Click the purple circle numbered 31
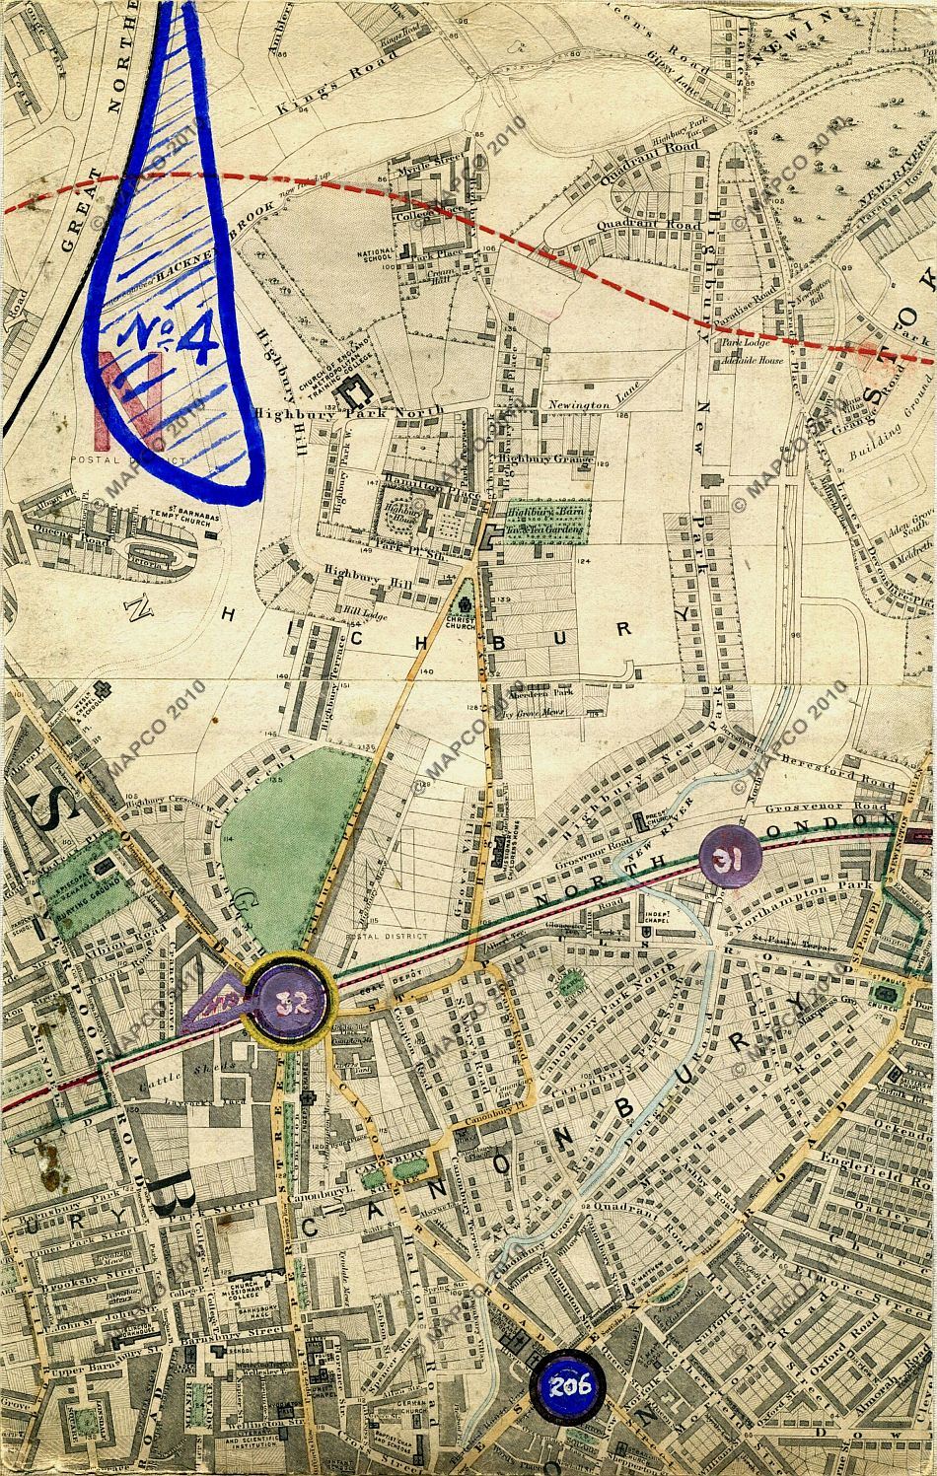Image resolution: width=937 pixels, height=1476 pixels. click(x=727, y=859)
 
